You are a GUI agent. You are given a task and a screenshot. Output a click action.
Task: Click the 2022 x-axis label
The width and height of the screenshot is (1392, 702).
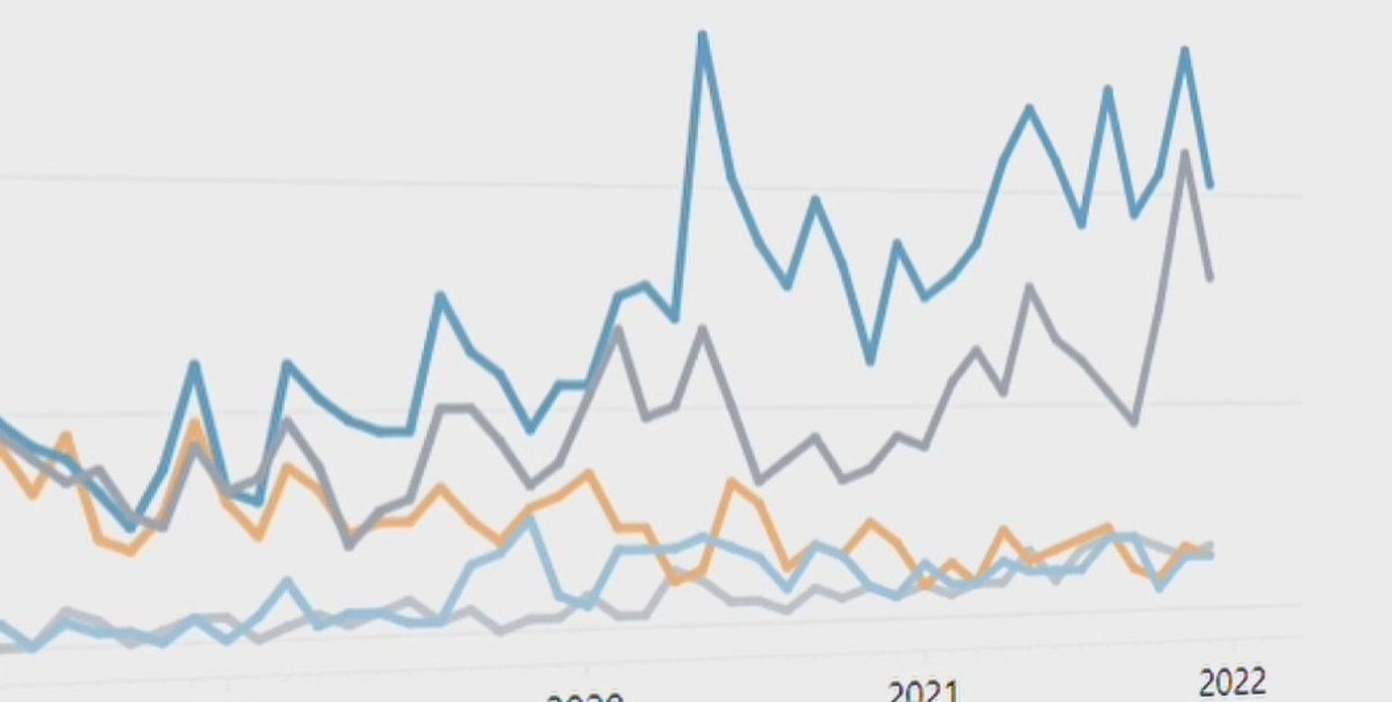(1232, 682)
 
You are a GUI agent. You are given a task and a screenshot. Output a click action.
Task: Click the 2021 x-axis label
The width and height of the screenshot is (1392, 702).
(922, 691)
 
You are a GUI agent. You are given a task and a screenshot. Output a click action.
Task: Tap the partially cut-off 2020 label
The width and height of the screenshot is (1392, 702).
(585, 697)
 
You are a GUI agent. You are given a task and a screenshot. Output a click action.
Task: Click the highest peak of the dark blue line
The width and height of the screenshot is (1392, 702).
(702, 34)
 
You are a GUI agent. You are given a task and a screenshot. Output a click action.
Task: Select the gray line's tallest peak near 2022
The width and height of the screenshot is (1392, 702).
(1184, 154)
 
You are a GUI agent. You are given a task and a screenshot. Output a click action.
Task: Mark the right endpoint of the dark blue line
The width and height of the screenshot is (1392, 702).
(1211, 184)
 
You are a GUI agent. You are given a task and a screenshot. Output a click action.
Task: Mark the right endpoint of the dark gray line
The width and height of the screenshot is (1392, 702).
(1211, 279)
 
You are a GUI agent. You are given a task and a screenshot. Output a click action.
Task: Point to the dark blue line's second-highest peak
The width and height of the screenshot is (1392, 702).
(1184, 51)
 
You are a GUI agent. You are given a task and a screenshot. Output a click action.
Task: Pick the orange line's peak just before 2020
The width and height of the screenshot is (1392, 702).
(590, 473)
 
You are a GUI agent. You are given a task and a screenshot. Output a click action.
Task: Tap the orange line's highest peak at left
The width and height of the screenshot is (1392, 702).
(195, 424)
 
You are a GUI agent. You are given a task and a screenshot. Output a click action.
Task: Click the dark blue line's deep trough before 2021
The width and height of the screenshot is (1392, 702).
(870, 362)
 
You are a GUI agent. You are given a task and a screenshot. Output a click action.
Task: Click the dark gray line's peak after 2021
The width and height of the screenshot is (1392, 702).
(1030, 286)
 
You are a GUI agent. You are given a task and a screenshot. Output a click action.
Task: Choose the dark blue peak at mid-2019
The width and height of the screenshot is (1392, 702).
(441, 296)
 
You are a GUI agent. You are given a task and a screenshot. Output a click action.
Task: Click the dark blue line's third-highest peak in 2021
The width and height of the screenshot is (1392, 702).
(1030, 109)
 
